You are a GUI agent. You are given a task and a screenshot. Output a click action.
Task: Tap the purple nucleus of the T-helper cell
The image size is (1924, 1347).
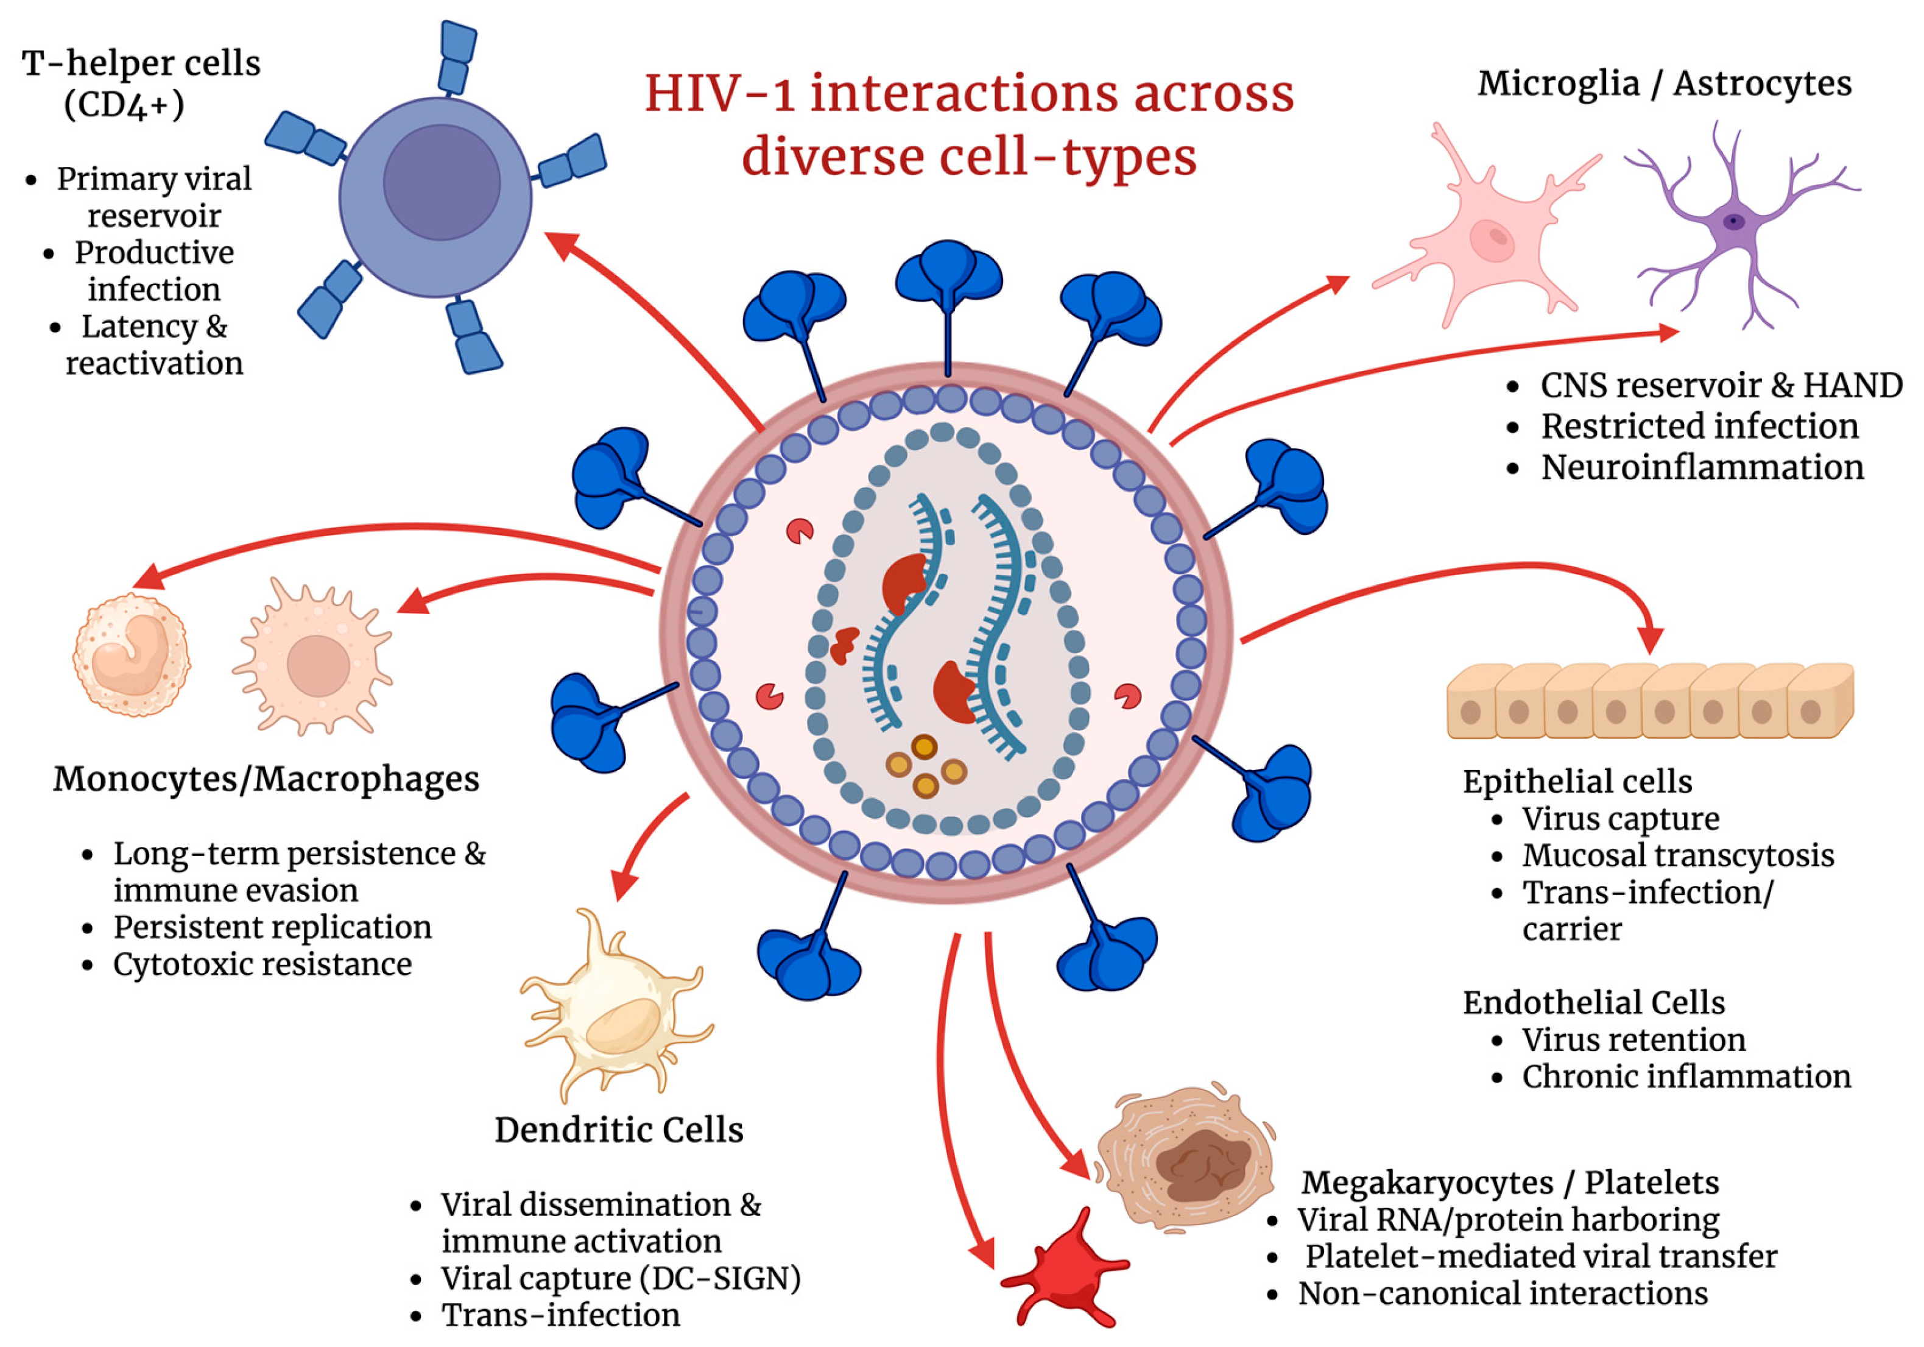tap(442, 182)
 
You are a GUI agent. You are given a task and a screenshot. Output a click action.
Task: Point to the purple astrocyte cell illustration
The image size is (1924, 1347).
tap(1735, 222)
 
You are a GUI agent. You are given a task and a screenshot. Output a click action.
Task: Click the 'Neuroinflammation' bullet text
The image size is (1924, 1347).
tap(1703, 467)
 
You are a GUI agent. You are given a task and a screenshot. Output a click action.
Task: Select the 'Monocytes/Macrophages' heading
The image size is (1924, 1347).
tap(267, 779)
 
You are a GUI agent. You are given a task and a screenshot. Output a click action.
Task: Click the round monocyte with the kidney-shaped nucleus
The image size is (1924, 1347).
tap(132, 654)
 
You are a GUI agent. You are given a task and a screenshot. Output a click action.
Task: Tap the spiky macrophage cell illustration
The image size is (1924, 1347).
tap(314, 656)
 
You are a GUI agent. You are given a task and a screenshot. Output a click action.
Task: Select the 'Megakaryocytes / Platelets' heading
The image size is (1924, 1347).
tap(1510, 1182)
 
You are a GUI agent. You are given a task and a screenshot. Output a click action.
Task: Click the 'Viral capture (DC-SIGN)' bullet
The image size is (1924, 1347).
tap(621, 1278)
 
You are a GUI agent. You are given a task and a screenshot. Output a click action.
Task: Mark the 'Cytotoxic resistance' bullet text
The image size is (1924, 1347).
tap(263, 964)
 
